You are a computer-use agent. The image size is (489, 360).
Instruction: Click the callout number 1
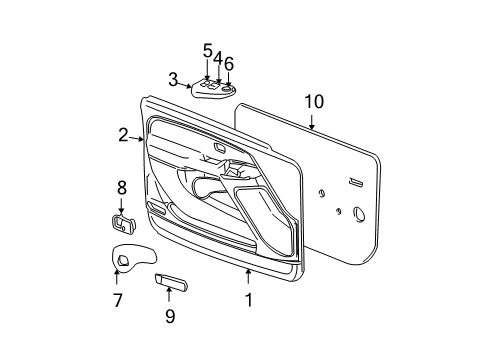249,298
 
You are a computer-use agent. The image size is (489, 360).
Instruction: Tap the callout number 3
172,79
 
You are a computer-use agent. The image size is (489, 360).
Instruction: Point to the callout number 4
217,59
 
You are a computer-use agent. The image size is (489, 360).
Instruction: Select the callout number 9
170,317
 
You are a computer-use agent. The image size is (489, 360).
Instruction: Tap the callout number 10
314,101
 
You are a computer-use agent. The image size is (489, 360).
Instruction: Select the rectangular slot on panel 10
356,182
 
